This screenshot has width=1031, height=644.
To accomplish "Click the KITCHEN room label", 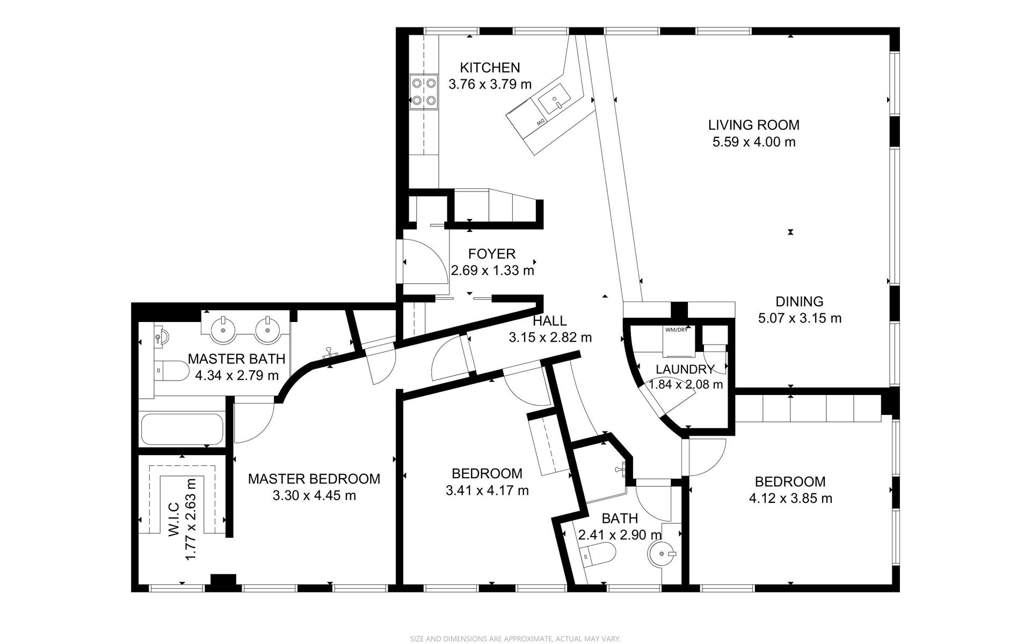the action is (x=490, y=68).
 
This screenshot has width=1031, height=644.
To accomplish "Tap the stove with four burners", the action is (x=424, y=91).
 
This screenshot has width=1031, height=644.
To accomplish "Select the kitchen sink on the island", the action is (x=553, y=100).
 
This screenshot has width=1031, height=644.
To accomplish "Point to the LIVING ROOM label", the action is (x=753, y=125).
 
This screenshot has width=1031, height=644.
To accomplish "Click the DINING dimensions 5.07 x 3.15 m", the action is (x=800, y=318).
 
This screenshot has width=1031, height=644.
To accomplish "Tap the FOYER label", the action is (x=492, y=253).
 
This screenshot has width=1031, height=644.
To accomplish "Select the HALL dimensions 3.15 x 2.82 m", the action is (x=550, y=338).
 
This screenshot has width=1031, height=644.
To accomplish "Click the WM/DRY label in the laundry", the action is (x=676, y=330).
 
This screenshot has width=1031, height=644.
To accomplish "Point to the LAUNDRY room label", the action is (x=685, y=369).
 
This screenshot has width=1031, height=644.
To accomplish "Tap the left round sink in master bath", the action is (x=222, y=330).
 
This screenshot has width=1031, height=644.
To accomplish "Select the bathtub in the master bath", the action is (x=181, y=428).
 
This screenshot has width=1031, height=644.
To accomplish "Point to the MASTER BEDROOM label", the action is (x=314, y=479).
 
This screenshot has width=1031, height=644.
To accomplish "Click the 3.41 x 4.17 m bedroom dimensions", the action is (x=487, y=491).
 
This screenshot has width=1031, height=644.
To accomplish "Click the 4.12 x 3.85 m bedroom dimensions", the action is (x=790, y=499).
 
